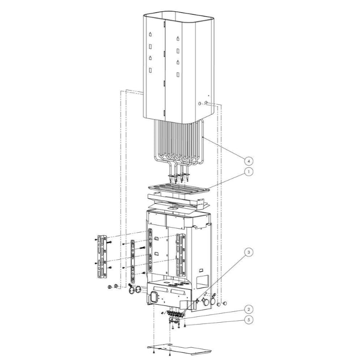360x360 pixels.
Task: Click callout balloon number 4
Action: pyautogui.click(x=249, y=161)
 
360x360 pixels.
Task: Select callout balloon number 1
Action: pyautogui.click(x=248, y=171)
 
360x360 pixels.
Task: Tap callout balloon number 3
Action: pyautogui.click(x=248, y=252)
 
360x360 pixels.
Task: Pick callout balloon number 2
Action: pyautogui.click(x=249, y=310)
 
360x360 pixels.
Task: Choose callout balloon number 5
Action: pyautogui.click(x=249, y=319)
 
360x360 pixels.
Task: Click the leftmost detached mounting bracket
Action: pyautogui.click(x=102, y=256)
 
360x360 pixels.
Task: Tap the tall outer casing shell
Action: pyautogui.click(x=179, y=67)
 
